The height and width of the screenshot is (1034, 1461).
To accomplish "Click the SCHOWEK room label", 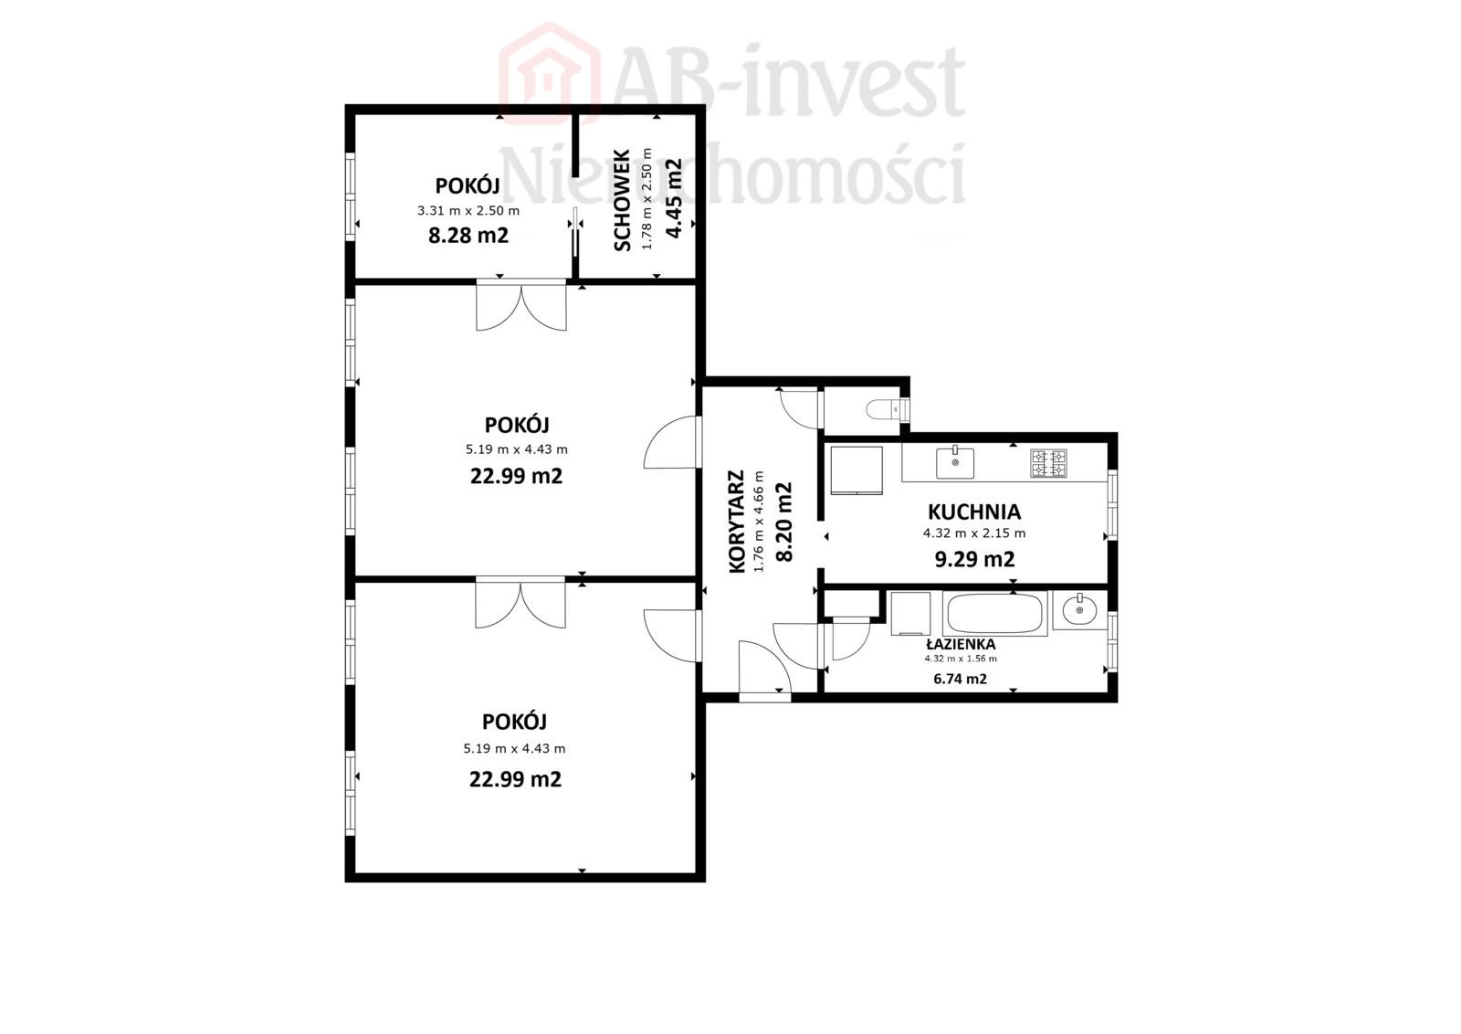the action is (622, 200).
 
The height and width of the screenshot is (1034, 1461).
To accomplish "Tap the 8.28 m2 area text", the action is (468, 235).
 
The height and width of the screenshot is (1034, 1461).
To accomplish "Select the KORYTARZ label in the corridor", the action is (736, 522).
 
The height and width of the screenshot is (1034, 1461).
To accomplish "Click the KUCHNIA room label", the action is (973, 512).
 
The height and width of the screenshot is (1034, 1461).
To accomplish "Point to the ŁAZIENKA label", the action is (960, 644).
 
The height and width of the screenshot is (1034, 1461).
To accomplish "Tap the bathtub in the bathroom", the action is (995, 613).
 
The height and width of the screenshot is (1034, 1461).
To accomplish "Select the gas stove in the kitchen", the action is (1049, 463).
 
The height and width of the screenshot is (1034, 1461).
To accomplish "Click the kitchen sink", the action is (955, 462).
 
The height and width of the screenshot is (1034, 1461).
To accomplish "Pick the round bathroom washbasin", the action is (1080, 610).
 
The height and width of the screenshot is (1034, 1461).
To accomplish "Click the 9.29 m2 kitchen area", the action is (974, 559).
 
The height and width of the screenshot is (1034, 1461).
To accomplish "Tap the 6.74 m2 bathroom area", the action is (960, 679).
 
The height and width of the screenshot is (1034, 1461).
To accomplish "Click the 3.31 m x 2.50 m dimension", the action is (468, 211).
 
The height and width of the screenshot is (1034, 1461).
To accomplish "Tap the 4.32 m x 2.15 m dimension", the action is (973, 533).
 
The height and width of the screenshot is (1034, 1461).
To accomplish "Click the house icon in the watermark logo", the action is (549, 73).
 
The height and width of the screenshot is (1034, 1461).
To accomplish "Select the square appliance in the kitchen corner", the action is (857, 471).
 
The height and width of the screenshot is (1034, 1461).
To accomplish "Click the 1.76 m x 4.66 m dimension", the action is (758, 522).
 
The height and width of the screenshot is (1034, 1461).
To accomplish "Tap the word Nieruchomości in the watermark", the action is (731, 173).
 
